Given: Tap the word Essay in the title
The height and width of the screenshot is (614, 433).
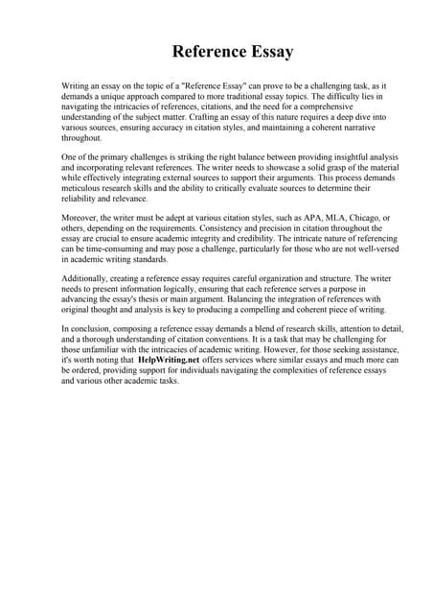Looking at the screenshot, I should tap(269, 50).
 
